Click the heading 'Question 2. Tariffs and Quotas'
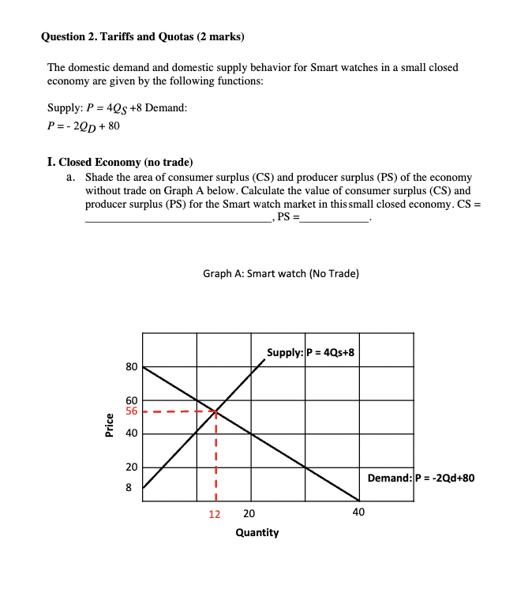tap(142, 36)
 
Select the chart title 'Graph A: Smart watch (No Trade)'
tap(280, 273)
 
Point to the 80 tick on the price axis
tap(131, 367)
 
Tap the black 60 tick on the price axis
tap(131, 400)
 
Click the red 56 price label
tap(131, 411)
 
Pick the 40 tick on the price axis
tap(131, 433)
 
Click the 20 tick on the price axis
tap(131, 467)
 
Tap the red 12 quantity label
tap(215, 513)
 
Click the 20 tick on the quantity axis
tap(249, 513)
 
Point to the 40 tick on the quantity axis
tap(358, 513)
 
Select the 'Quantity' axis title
tap(257, 533)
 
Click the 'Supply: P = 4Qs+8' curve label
tap(310, 352)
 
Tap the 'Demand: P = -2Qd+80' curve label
tap(421, 478)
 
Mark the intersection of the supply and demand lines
tap(215, 411)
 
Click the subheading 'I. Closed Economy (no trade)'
tap(120, 162)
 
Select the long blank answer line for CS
tap(178, 223)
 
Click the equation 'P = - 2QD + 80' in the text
tap(84, 126)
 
